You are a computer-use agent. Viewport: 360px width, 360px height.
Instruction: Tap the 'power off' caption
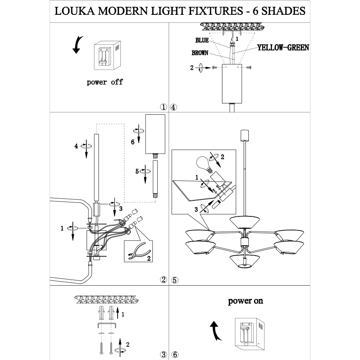105,82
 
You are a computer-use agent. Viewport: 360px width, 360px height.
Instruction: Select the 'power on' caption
246,301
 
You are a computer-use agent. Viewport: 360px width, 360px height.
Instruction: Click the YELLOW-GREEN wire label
283,48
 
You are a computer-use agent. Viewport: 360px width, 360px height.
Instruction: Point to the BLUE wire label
202,40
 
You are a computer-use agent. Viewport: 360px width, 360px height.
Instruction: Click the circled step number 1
163,107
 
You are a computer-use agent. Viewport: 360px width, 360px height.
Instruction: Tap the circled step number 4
174,107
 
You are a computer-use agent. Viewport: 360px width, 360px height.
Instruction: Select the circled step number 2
163,280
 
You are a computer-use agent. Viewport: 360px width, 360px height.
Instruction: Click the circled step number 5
174,280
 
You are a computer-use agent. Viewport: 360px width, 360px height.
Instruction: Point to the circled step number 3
163,354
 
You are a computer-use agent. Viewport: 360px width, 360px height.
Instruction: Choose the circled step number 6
174,354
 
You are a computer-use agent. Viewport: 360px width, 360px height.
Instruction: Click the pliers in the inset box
134,252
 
